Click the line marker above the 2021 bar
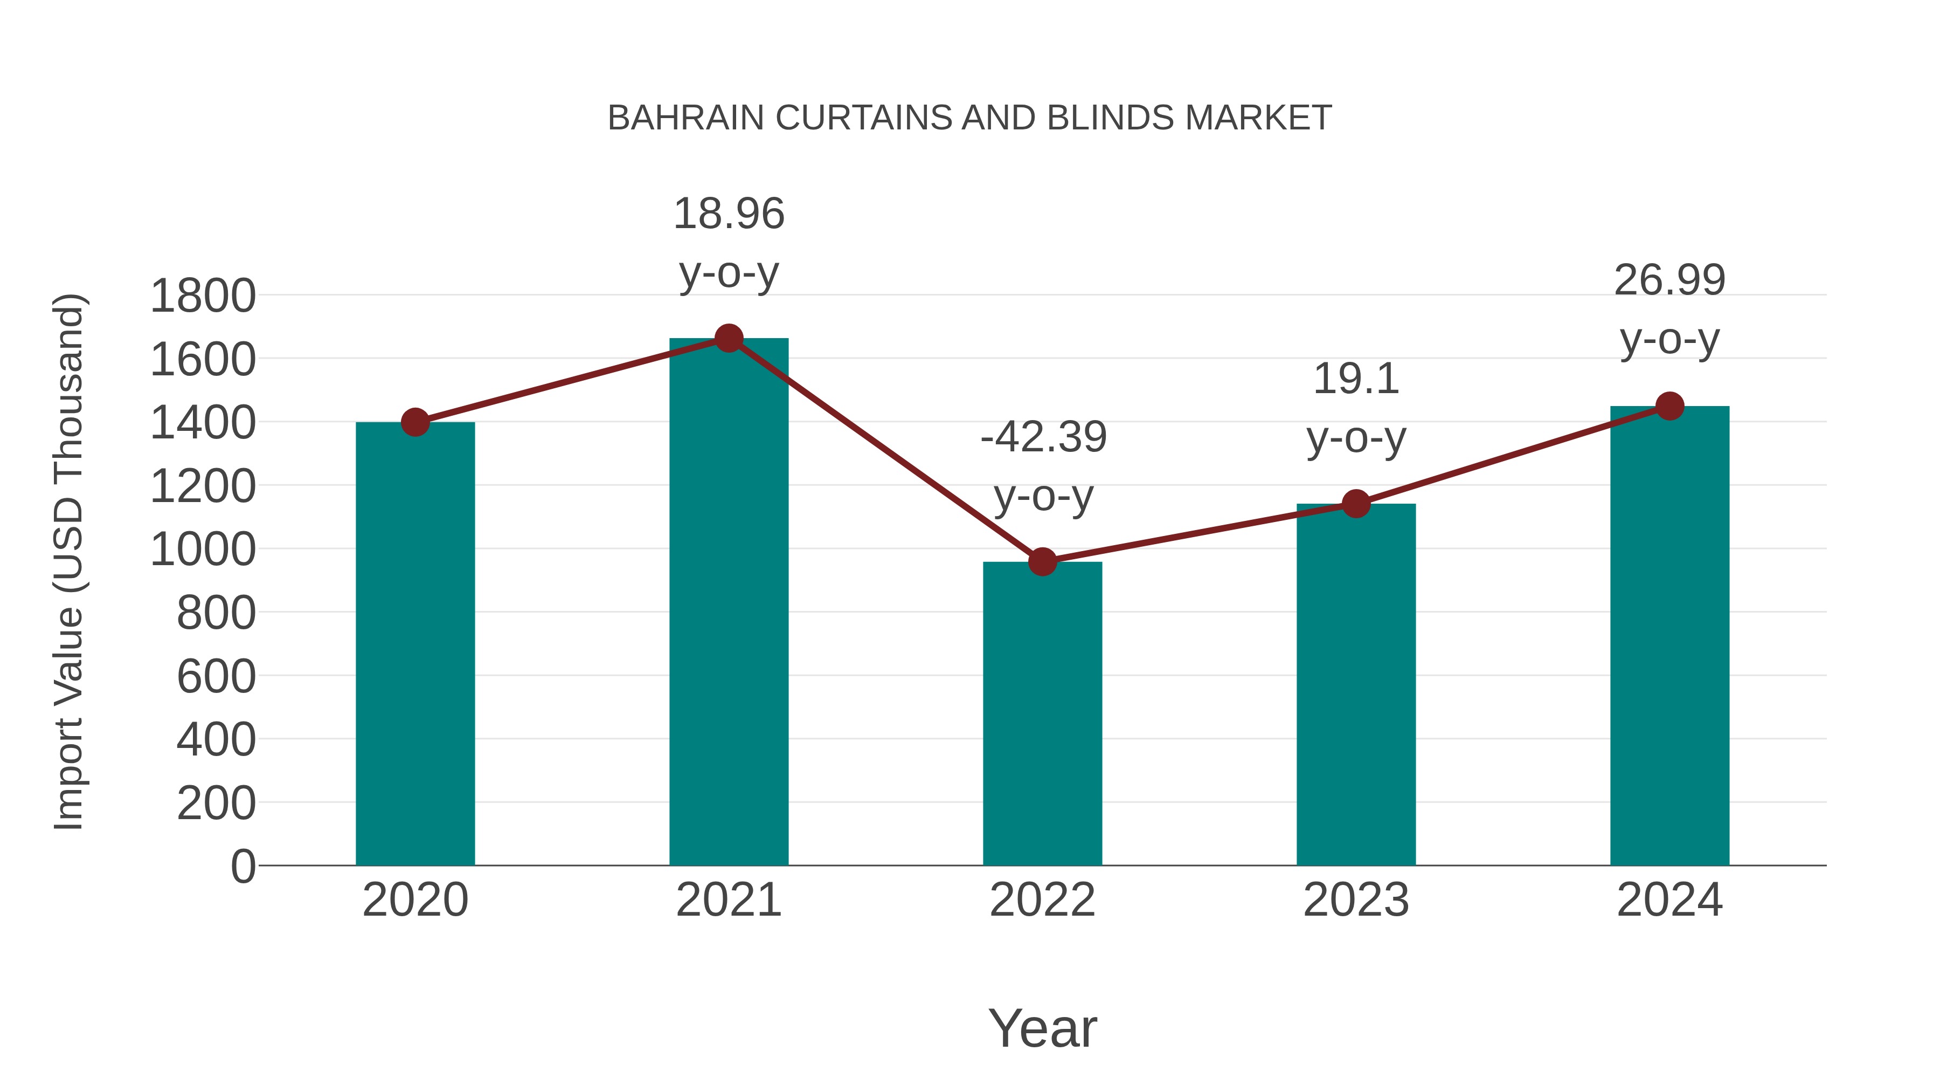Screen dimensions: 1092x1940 [x=728, y=338]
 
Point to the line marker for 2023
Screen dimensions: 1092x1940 [x=1356, y=504]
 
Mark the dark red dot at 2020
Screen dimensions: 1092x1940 [x=415, y=422]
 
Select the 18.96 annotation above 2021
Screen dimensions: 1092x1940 [x=728, y=214]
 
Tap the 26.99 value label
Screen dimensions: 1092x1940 [x=1669, y=280]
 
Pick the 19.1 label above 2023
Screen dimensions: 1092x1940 [x=1356, y=379]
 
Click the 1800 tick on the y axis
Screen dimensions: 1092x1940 [x=203, y=296]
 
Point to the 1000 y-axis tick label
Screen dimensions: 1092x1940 [x=203, y=550]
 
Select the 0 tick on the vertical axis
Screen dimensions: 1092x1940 [x=242, y=866]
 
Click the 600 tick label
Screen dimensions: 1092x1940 [x=216, y=676]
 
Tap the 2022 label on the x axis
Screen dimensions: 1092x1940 [x=1042, y=900]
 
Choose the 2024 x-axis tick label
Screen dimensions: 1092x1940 [x=1669, y=900]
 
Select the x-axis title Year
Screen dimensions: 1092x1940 [x=1042, y=1029]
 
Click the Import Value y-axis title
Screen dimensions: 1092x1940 [x=70, y=561]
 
